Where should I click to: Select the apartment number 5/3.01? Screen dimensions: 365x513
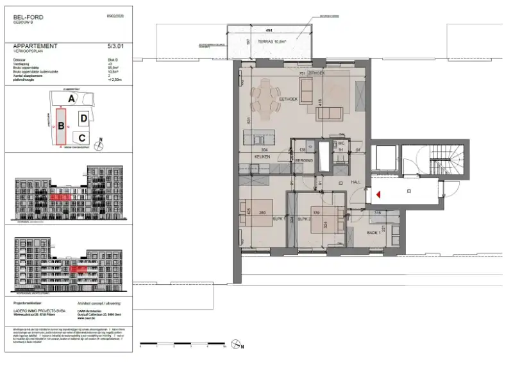117,46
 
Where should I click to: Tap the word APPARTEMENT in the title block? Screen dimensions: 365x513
35,46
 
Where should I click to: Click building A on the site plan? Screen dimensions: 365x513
72,98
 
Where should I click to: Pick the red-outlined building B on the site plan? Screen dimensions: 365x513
61,127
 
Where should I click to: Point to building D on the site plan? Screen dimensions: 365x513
83,118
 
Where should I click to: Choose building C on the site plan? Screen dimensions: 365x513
81,137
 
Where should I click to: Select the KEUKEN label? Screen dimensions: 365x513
262,156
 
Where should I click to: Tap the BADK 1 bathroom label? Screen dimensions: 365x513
374,233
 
